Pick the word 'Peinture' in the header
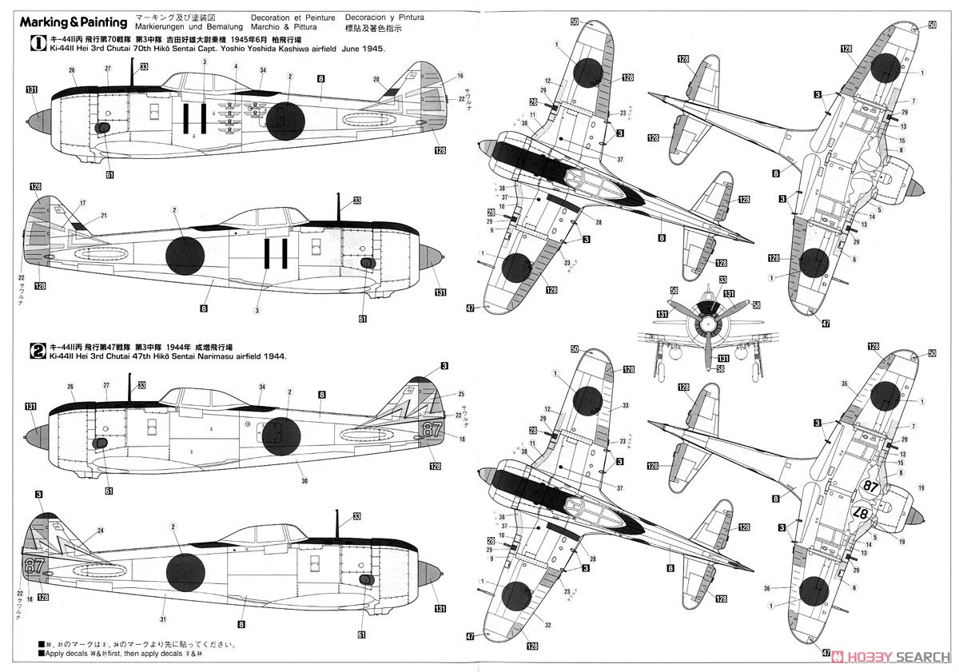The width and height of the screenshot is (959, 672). (x=316, y=16)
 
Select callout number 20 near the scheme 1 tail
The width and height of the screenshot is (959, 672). (x=376, y=78)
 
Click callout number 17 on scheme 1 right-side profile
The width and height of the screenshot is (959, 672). (x=82, y=202)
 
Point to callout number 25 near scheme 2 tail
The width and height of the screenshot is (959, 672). (x=460, y=394)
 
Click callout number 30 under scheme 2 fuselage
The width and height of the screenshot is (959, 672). (x=304, y=480)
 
